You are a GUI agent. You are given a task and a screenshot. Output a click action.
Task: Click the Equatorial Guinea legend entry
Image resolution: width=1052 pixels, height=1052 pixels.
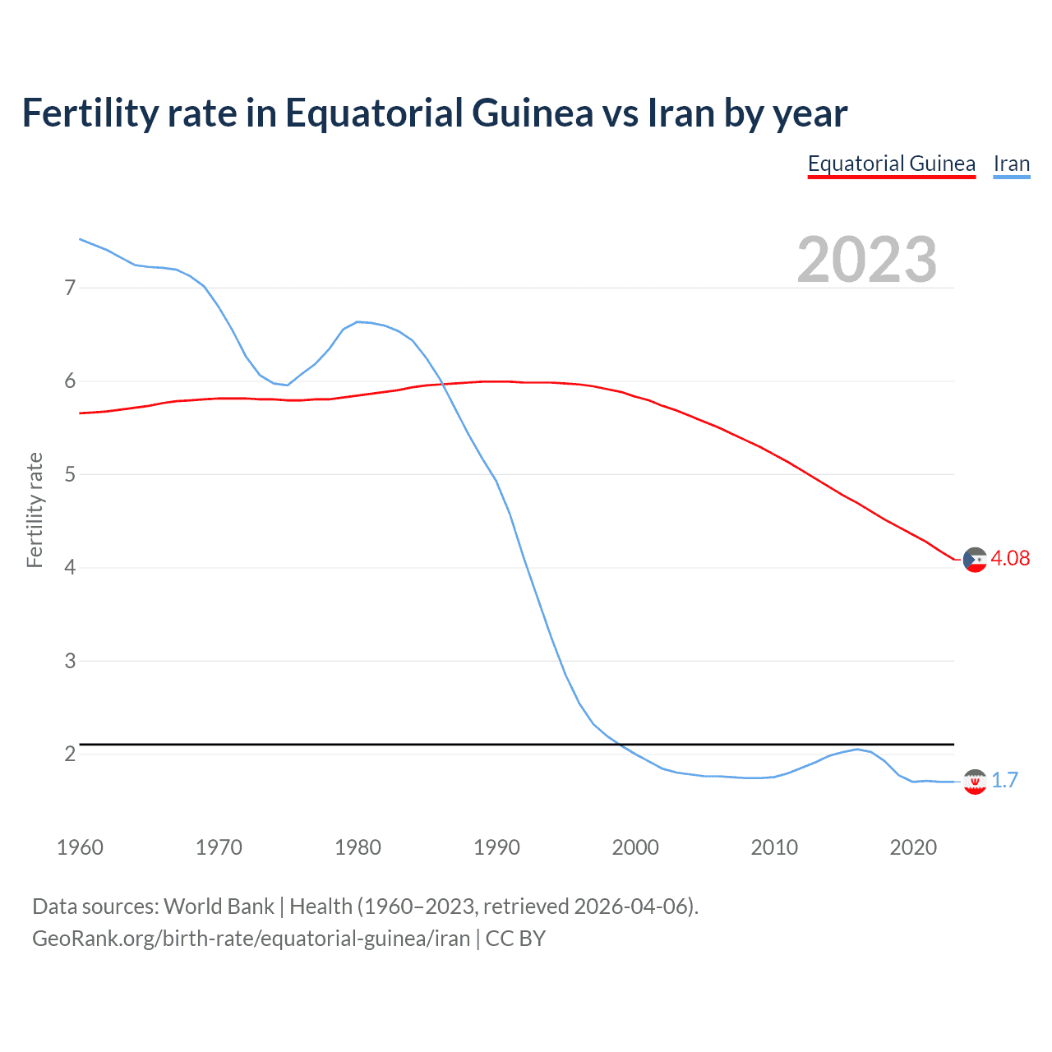point(891,164)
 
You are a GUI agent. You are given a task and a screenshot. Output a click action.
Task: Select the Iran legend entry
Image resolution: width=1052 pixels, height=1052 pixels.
point(1011,164)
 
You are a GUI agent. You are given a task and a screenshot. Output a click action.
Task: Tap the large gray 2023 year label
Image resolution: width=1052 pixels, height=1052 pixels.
point(866,260)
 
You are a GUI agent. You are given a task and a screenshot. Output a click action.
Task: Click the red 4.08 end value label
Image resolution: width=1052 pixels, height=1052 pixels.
point(1010,558)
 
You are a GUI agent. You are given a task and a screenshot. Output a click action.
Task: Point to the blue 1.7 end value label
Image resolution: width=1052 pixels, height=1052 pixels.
point(1004,780)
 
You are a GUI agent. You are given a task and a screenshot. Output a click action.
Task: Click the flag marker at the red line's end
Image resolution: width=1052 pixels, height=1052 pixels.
point(975,560)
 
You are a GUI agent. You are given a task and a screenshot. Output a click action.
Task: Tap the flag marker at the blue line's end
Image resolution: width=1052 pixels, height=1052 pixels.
point(975,782)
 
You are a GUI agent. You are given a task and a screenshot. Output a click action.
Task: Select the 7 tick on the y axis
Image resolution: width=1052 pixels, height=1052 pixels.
point(70,288)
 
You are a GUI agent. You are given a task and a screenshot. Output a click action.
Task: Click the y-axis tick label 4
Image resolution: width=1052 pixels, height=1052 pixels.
point(70,567)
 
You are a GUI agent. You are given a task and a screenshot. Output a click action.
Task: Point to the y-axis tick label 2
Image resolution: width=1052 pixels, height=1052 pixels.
point(70,754)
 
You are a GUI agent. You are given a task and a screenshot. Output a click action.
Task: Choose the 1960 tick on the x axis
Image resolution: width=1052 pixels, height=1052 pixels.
point(80,847)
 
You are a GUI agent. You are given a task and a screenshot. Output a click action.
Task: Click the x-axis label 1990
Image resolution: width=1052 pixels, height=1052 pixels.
point(496,847)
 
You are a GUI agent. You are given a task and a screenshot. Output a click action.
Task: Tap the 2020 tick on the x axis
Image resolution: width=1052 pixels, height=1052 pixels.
point(913,847)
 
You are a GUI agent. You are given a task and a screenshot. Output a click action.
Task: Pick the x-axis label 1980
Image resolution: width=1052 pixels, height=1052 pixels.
point(358,847)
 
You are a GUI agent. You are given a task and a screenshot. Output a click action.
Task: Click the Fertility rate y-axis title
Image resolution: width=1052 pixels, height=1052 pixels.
point(35,510)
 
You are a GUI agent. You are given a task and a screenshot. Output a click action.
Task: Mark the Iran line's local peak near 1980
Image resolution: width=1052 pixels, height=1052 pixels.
point(358,321)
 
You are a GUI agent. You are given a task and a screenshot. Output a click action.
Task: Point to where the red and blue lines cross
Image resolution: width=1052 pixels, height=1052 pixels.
point(443,384)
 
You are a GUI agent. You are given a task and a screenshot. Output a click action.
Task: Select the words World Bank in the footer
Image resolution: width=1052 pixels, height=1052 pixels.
point(219,907)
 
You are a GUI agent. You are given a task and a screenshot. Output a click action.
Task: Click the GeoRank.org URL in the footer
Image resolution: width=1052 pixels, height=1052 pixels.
point(251,938)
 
